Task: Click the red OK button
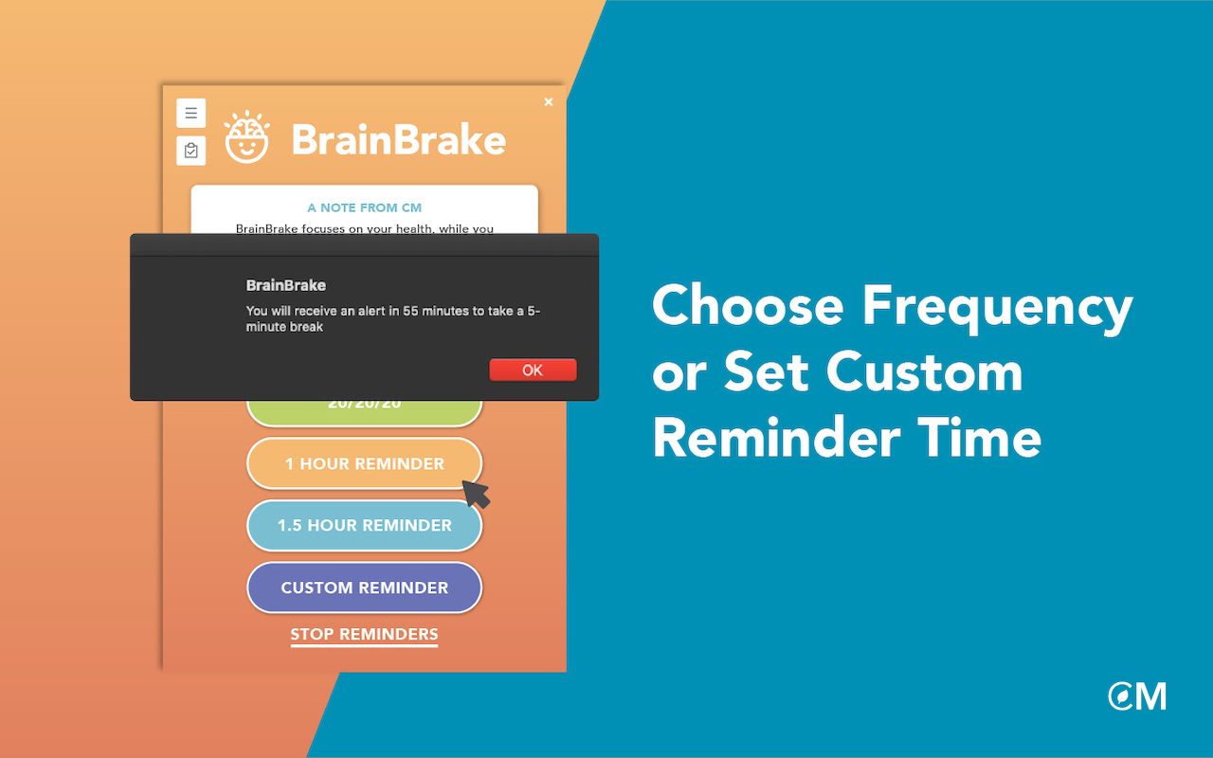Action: (x=533, y=370)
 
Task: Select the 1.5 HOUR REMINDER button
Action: (x=365, y=525)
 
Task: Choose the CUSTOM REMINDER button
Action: (x=365, y=587)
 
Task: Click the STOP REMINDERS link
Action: (x=364, y=634)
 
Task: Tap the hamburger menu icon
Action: (x=190, y=113)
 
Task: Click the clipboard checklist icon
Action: (x=190, y=151)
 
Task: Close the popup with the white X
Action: (x=548, y=102)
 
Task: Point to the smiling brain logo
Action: (x=247, y=137)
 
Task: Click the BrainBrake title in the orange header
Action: (x=398, y=140)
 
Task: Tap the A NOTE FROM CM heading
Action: (x=365, y=208)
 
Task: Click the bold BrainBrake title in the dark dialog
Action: (x=286, y=285)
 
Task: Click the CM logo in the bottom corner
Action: (x=1137, y=696)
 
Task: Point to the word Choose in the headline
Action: (x=748, y=306)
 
